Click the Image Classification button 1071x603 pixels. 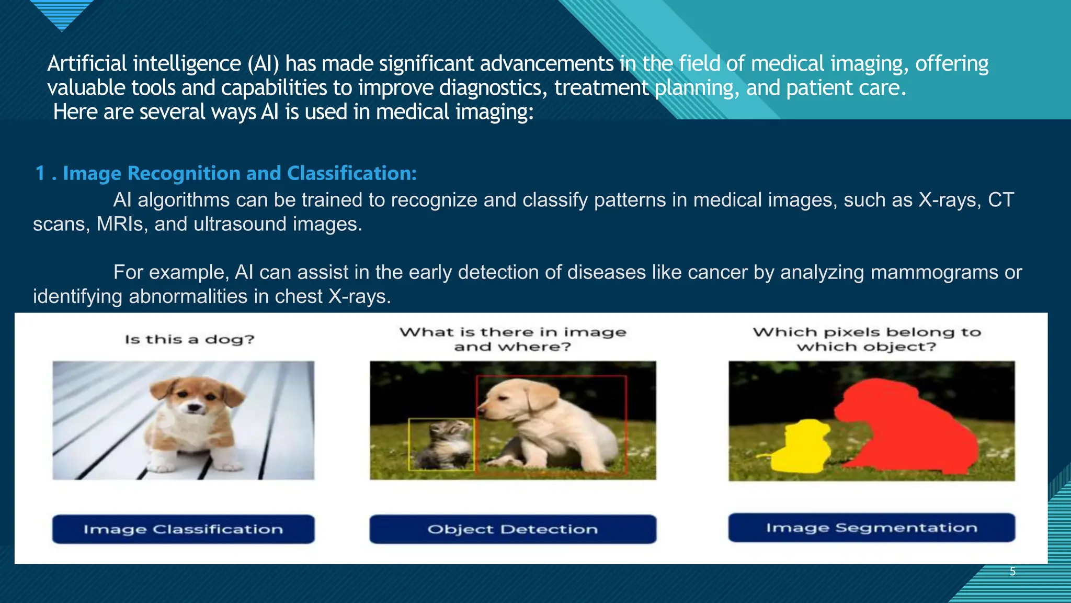coord(183,529)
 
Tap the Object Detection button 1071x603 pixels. coord(512,529)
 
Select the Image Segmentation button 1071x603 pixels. coord(871,528)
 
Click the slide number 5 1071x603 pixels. coord(1012,572)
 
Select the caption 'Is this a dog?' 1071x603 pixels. coord(189,339)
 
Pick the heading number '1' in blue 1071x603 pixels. coord(40,173)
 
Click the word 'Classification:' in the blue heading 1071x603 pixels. coord(351,173)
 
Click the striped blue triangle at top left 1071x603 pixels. coord(62,13)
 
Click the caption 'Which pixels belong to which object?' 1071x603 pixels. coord(867,339)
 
